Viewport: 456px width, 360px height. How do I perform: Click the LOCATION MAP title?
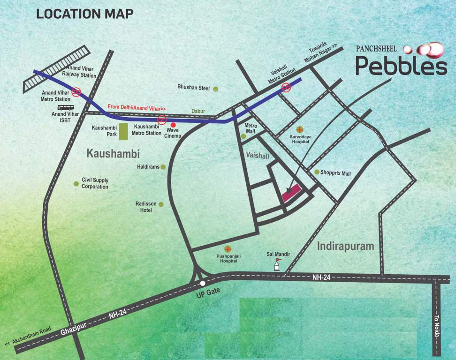click(85, 14)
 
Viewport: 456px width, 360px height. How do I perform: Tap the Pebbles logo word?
click(401, 66)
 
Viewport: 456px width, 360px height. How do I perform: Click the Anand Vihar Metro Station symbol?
click(76, 91)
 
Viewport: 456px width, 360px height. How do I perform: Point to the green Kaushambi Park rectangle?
click(123, 132)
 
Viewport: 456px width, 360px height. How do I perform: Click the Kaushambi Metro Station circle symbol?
click(161, 120)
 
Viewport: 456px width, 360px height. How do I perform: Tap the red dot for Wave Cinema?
click(173, 125)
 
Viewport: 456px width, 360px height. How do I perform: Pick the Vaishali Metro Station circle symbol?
click(286, 87)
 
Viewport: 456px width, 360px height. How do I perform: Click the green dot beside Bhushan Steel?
click(216, 88)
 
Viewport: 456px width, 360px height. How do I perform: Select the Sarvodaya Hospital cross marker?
click(300, 129)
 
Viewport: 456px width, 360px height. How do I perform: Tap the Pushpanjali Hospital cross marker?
click(228, 248)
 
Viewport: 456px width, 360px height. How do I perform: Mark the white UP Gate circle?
click(203, 283)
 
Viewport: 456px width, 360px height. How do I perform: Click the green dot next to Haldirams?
click(163, 167)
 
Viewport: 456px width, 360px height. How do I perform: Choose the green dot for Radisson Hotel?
click(161, 204)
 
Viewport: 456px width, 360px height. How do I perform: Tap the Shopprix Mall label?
click(335, 173)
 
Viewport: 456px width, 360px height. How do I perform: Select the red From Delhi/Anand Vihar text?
click(137, 107)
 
